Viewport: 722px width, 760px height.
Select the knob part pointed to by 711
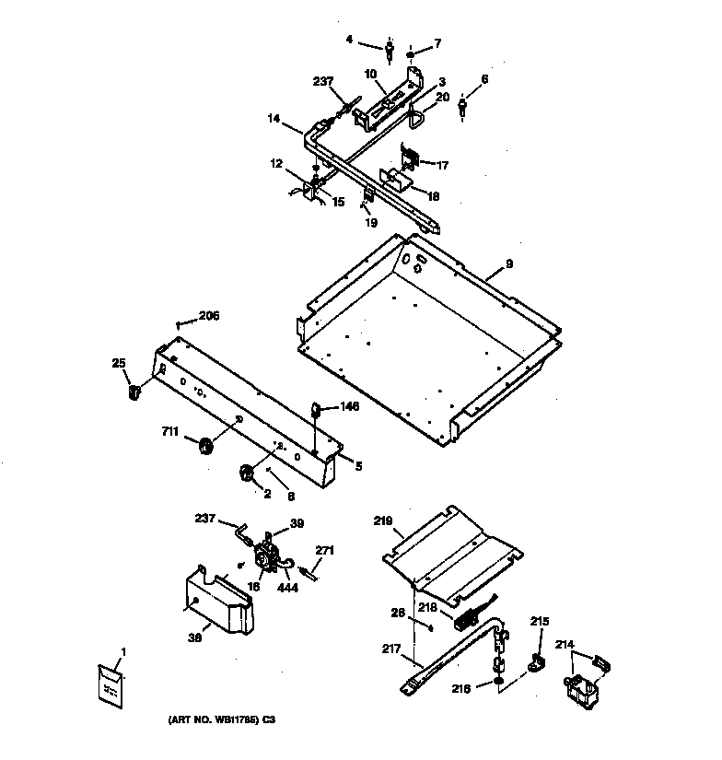pos(204,447)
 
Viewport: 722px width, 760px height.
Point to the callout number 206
pos(209,315)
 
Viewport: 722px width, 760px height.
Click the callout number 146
pos(349,405)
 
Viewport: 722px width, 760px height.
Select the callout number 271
pos(324,550)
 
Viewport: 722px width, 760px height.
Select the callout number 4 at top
pos(350,40)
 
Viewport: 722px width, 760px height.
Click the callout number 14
pos(274,118)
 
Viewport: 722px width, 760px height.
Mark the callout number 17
pos(443,166)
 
